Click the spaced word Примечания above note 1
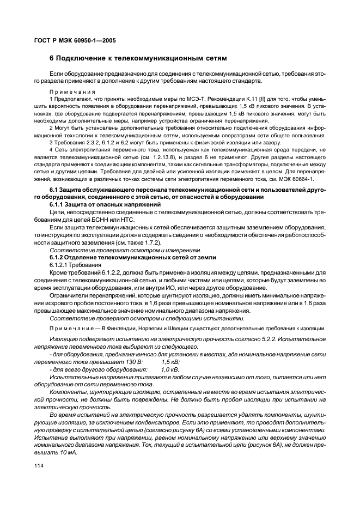coord(72,92)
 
